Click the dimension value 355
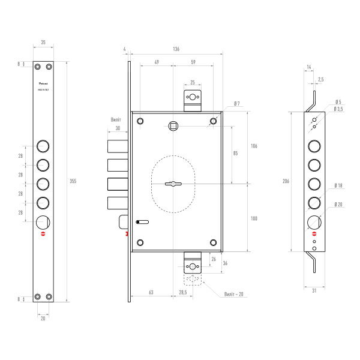[73, 181]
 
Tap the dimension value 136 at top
[176, 50]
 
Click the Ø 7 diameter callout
[237, 104]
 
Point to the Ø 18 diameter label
[339, 187]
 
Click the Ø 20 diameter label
[339, 205]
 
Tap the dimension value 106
[254, 146]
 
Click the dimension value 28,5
[182, 292]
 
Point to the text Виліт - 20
[233, 295]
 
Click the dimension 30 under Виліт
[118, 128]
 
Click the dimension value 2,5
[321, 79]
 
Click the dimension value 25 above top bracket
[192, 82]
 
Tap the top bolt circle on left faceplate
[43, 146]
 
